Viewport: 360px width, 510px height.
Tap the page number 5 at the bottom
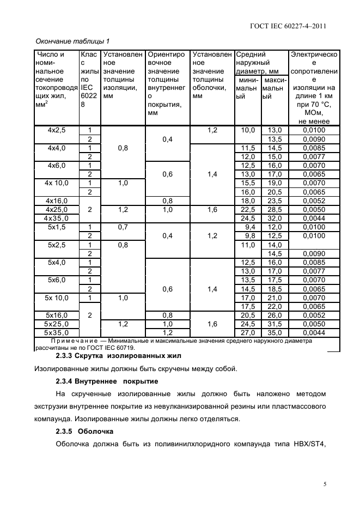click(x=325, y=483)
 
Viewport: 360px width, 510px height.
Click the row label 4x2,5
click(x=57, y=130)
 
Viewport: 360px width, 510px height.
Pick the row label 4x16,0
click(x=57, y=201)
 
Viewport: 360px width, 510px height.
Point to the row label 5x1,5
click(x=57, y=227)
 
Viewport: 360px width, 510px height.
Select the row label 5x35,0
click(x=57, y=332)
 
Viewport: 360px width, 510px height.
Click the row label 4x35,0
click(x=57, y=218)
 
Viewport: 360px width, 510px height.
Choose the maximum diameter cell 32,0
click(x=274, y=218)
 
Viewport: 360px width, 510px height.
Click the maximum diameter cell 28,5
click(x=274, y=209)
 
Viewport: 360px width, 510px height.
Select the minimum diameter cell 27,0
click(x=248, y=332)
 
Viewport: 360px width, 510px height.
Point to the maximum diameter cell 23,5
click(x=274, y=201)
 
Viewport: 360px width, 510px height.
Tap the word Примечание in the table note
click(x=74, y=341)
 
